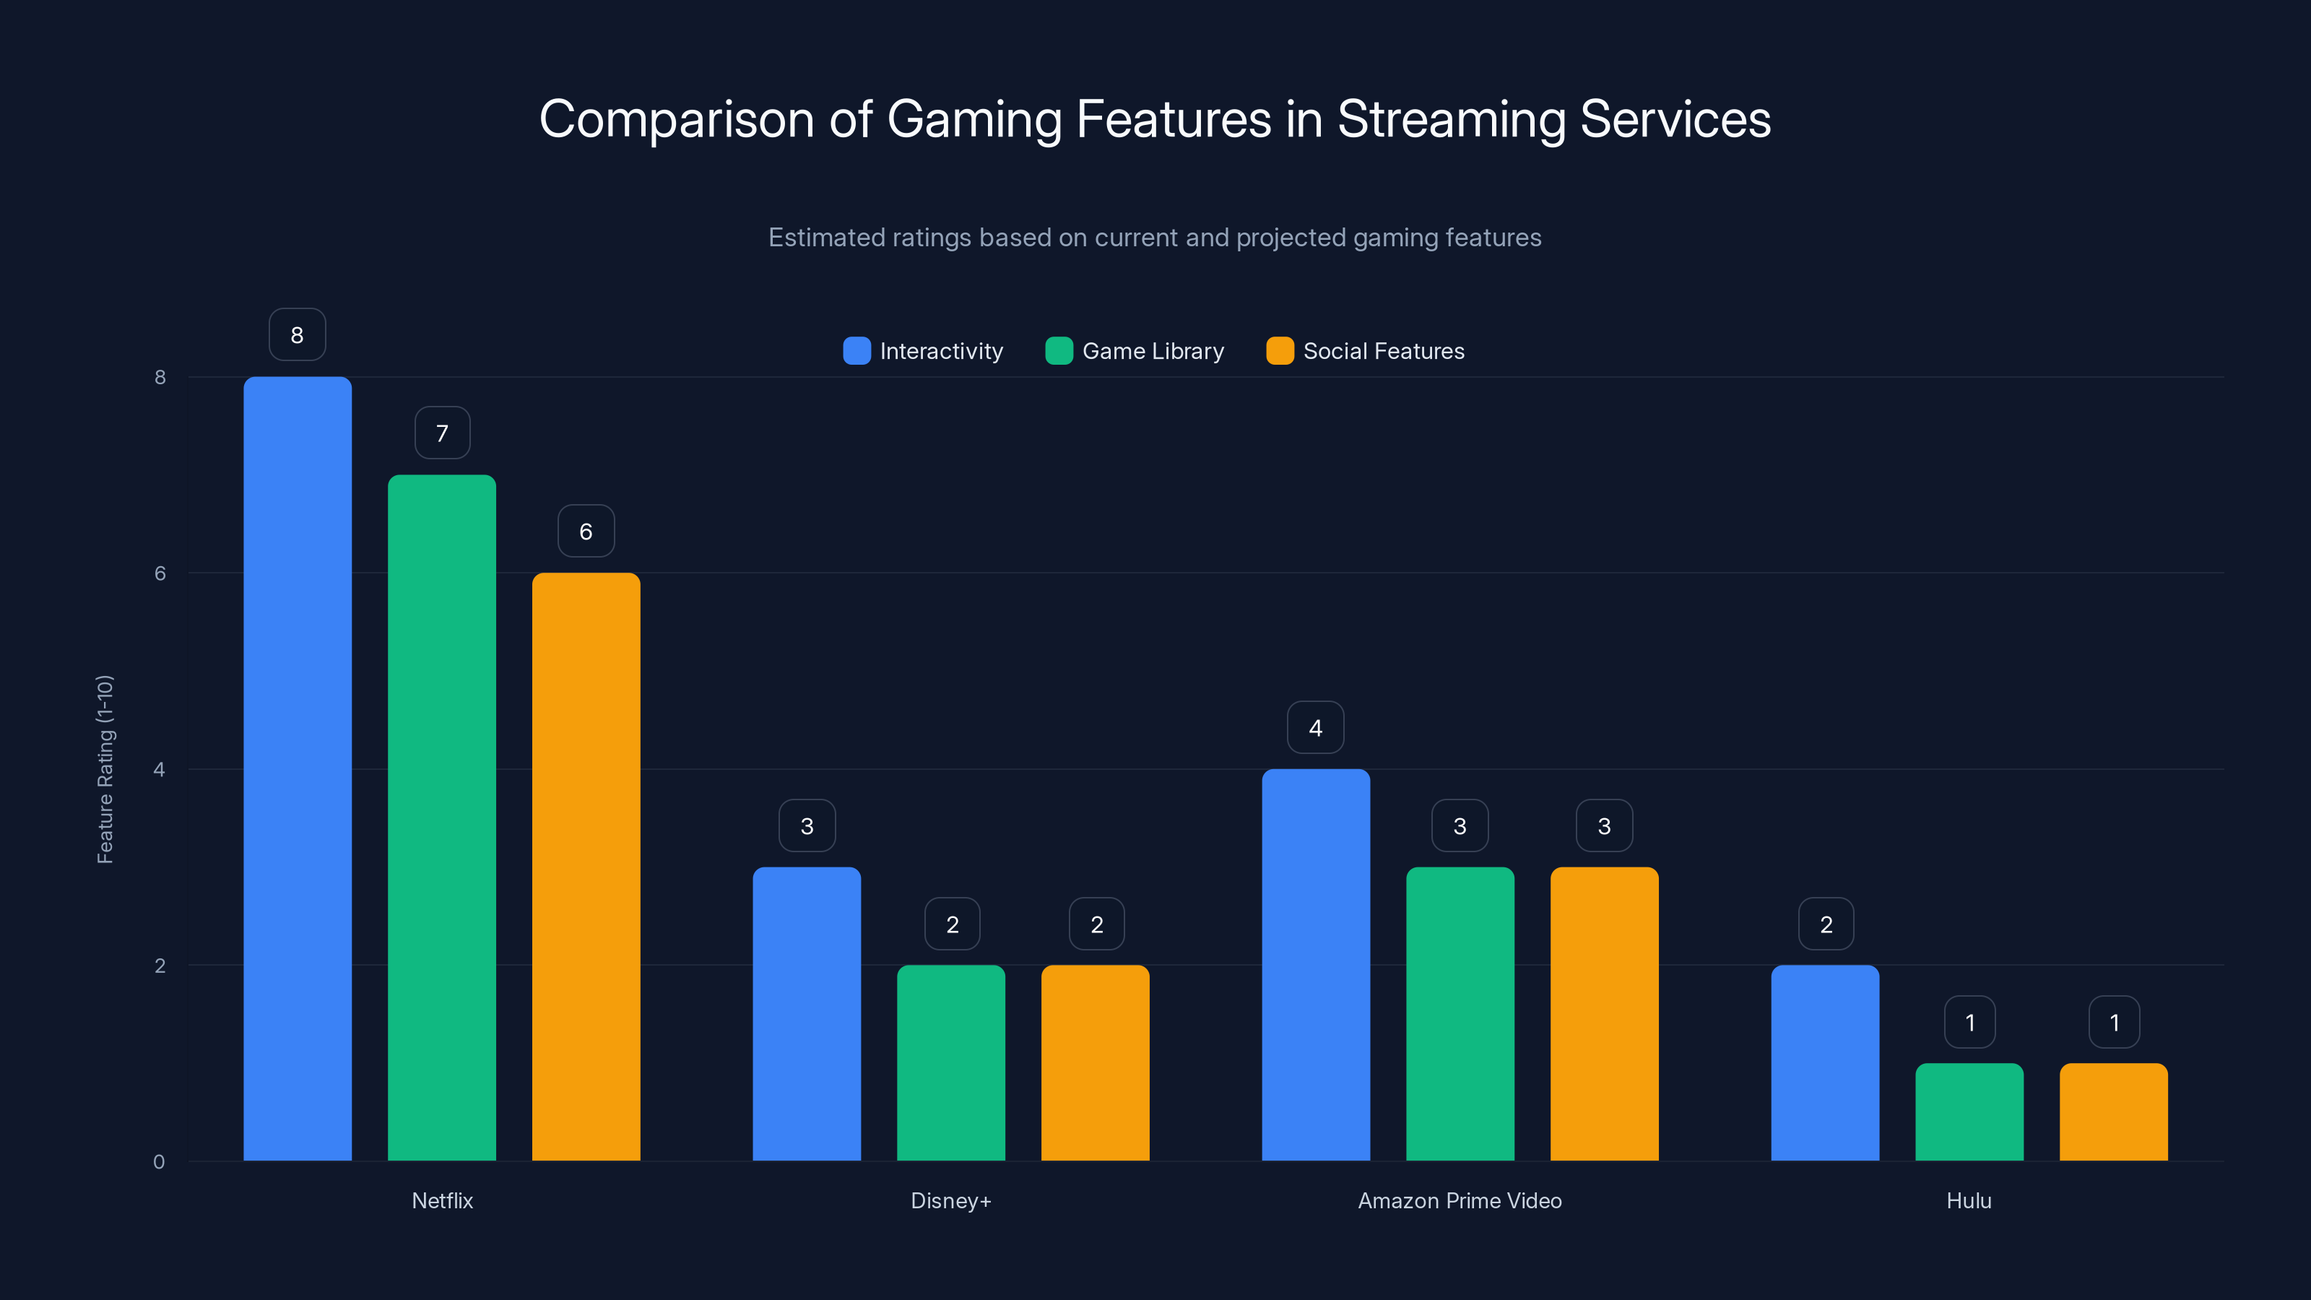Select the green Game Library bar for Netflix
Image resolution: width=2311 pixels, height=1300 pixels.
[441, 818]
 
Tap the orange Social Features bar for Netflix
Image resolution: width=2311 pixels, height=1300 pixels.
[586, 867]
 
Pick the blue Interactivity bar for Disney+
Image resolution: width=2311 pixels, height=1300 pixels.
[807, 1014]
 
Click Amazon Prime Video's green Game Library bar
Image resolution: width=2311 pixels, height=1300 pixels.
[1460, 1014]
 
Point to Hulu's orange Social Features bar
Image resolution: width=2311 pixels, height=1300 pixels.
[2114, 1111]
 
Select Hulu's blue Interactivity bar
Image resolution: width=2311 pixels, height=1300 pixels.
[1825, 1063]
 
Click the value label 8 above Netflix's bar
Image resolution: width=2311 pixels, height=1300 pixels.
[297, 334]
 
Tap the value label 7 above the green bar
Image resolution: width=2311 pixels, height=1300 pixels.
[442, 433]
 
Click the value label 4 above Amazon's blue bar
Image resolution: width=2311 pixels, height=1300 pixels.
[1315, 727]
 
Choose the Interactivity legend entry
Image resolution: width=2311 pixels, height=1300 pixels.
[924, 351]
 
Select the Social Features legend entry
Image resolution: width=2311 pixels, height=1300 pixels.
[1366, 351]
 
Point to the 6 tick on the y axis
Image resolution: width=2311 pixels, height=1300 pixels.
[160, 573]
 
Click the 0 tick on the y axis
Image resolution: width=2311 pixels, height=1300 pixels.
[159, 1162]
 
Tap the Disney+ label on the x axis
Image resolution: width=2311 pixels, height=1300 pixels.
[951, 1200]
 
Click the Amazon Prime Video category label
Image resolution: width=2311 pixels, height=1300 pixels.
[1460, 1200]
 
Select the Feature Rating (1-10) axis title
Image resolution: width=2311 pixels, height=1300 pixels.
[105, 769]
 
